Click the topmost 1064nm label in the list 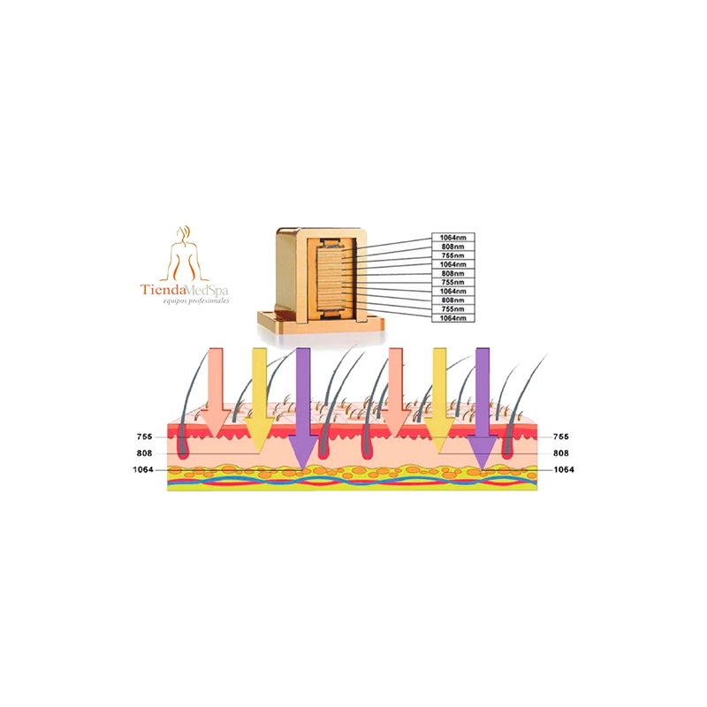453,238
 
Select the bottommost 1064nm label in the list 453,318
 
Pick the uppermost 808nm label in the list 453,247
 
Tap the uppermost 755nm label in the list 453,255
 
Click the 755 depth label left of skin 144,437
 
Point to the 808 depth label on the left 144,453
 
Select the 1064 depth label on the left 143,470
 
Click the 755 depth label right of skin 560,437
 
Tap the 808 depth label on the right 560,453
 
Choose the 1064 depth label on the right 564,470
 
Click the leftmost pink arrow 216,392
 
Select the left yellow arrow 259,400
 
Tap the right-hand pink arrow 395,392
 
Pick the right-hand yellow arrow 439,400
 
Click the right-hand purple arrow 483,408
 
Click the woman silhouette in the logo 185,254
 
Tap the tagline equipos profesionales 196,300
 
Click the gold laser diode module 321,280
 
